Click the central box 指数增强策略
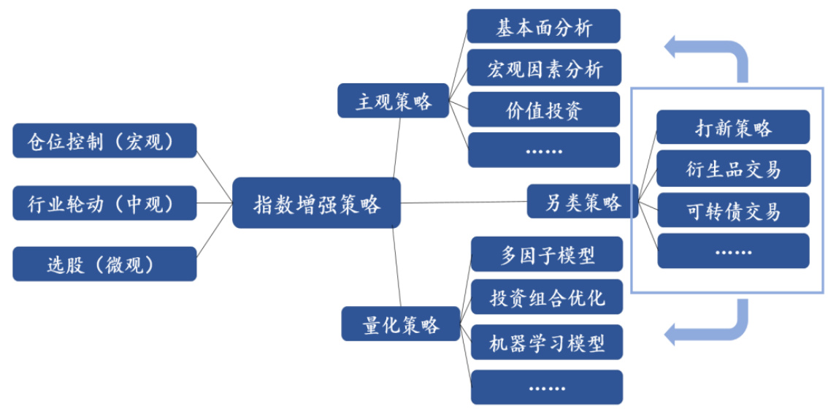pyautogui.click(x=316, y=202)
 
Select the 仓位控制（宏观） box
pyautogui.click(x=104, y=140)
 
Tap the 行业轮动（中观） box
pyautogui.click(x=104, y=202)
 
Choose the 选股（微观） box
pyautogui.click(x=104, y=264)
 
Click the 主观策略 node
pyautogui.click(x=393, y=100)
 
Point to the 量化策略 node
pyautogui.click(x=401, y=324)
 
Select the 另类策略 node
pyautogui.click(x=582, y=201)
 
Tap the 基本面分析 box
pyautogui.click(x=544, y=26)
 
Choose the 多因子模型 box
pyautogui.click(x=547, y=254)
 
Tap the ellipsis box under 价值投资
pyautogui.click(x=544, y=150)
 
